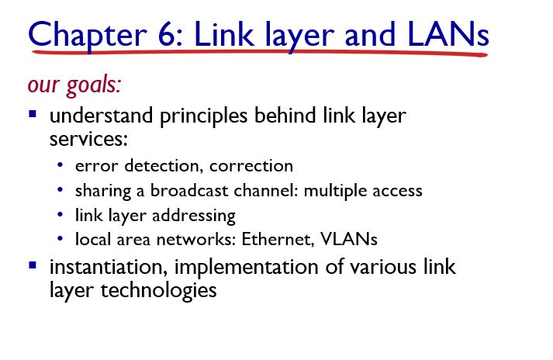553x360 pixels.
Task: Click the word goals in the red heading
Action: coord(93,84)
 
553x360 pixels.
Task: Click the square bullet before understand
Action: coord(33,115)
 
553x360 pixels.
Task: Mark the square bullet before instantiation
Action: coord(33,265)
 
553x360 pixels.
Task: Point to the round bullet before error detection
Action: coord(60,166)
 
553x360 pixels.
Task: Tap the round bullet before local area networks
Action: coord(60,239)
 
